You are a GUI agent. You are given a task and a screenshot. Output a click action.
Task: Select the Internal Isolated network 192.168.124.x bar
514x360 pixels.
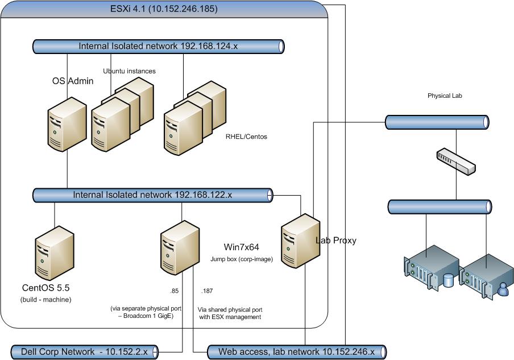[x=157, y=46]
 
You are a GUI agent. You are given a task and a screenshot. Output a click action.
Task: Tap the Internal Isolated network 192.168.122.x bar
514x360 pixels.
[x=152, y=195]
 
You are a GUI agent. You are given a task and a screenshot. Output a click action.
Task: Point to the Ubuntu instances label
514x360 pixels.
[x=129, y=71]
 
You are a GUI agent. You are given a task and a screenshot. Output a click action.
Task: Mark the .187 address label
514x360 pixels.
[x=208, y=291]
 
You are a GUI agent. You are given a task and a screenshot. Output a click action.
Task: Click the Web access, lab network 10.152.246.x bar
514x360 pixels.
[x=296, y=352]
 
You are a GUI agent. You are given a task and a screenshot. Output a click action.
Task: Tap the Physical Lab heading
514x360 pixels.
[x=445, y=96]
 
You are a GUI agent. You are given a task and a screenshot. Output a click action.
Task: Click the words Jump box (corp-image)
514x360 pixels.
[x=241, y=259]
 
